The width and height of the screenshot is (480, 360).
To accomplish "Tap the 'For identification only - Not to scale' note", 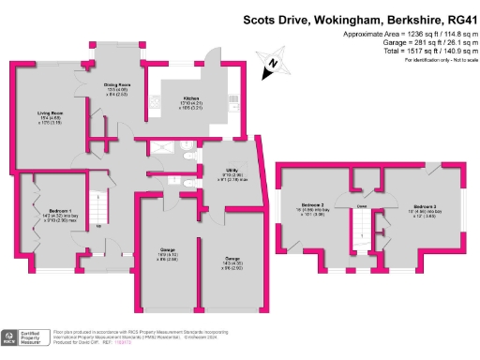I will pyautogui.click(x=436, y=59).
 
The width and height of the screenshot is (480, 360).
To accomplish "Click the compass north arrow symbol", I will pyautogui.click(x=269, y=64).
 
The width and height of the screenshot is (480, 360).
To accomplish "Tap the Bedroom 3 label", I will pyautogui.click(x=419, y=204).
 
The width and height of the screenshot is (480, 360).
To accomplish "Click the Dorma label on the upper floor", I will pyautogui.click(x=361, y=205).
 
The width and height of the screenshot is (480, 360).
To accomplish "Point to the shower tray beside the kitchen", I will pyautogui.click(x=167, y=146).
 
